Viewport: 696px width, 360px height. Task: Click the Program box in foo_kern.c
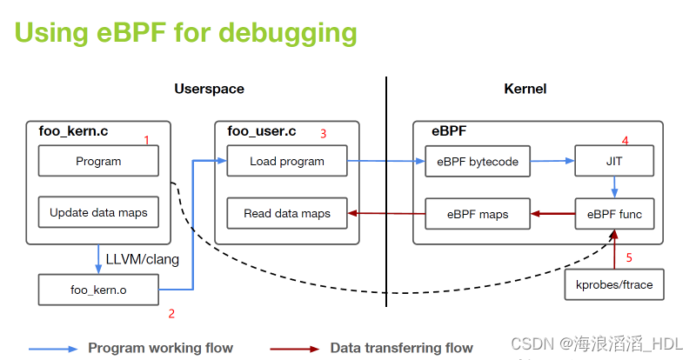[x=98, y=161]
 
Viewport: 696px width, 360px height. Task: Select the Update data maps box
[x=98, y=212]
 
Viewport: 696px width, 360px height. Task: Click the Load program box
[x=286, y=161]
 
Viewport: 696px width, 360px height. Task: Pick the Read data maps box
[x=286, y=213]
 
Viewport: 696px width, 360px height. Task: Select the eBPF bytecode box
[x=477, y=161]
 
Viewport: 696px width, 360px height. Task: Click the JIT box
[x=614, y=161]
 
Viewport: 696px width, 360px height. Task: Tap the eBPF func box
[x=614, y=213]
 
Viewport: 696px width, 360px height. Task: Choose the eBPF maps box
[x=477, y=213]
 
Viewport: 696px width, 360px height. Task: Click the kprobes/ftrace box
[x=614, y=284]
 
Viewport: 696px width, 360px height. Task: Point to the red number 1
[x=146, y=139]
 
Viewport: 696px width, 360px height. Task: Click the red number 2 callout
[x=171, y=313]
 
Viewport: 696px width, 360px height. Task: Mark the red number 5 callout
[x=630, y=257]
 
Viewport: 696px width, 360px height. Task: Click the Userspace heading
[x=209, y=89]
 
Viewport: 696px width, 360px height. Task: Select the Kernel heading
[x=525, y=89]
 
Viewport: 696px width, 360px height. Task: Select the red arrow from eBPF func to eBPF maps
[x=552, y=213]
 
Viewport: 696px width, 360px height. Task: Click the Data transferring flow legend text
[x=401, y=348]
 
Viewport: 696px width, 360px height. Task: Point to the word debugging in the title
[x=287, y=32]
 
